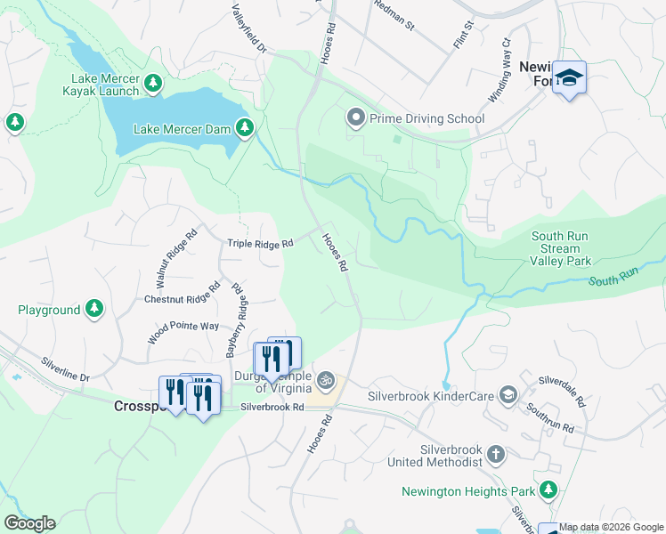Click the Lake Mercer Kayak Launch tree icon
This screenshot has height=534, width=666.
[x=154, y=84]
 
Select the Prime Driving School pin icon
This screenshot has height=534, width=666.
[x=355, y=118]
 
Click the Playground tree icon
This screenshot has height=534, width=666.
[x=93, y=310]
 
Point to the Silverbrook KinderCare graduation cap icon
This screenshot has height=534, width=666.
[x=508, y=394]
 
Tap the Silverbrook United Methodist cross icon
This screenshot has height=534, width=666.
[x=496, y=456]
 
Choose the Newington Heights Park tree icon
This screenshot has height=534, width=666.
[x=548, y=490]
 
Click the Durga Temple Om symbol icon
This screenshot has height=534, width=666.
[x=326, y=380]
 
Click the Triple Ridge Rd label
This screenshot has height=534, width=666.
[x=260, y=243]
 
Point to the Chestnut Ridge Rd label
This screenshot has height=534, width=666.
[x=182, y=295]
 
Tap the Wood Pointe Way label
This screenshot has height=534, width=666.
[x=184, y=327]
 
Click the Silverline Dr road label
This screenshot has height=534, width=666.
[x=66, y=370]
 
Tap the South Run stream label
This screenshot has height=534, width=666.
[x=613, y=280]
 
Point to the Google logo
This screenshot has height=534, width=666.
[x=29, y=523]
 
